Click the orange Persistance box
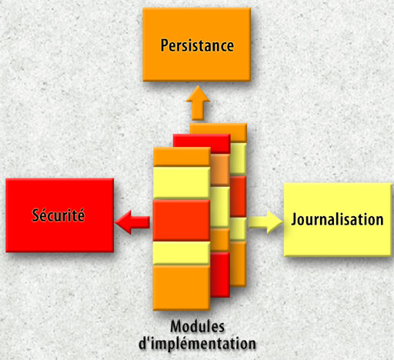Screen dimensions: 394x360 [x=196, y=45]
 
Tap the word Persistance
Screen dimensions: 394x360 [x=197, y=45]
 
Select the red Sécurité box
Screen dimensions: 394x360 [x=60, y=215]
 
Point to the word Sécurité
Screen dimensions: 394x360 [x=58, y=215]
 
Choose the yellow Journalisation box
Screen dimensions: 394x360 [x=338, y=220]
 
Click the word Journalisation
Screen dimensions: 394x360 [x=337, y=220]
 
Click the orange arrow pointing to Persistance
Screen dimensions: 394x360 [x=198, y=103]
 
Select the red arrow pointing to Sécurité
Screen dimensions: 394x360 [x=132, y=222]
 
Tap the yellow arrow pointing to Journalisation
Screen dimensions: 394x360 [x=265, y=222]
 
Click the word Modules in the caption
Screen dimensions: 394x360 [x=197, y=327]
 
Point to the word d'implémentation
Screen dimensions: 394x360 [x=197, y=344]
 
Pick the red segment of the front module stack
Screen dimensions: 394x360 [x=182, y=221]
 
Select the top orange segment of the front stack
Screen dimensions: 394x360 [x=182, y=157]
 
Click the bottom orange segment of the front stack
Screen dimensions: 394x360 [x=182, y=288]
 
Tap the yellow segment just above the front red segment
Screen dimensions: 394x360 [x=182, y=183]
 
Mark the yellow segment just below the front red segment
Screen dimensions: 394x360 [x=182, y=253]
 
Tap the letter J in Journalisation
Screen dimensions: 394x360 [x=294, y=220]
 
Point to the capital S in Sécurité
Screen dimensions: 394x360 [x=35, y=215]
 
